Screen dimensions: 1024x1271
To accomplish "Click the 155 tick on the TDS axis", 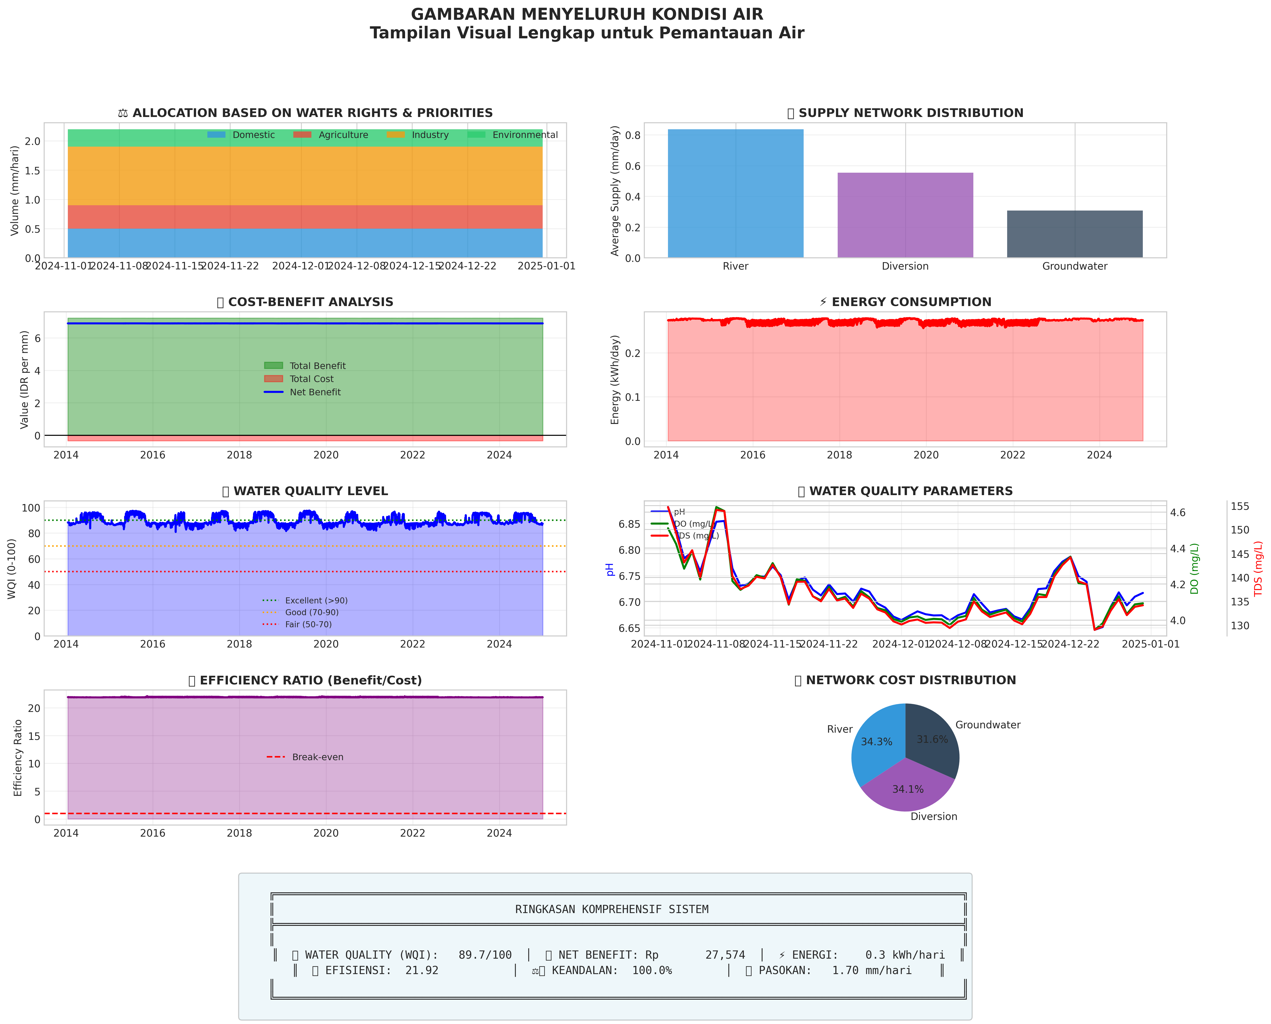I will tap(1240, 506).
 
